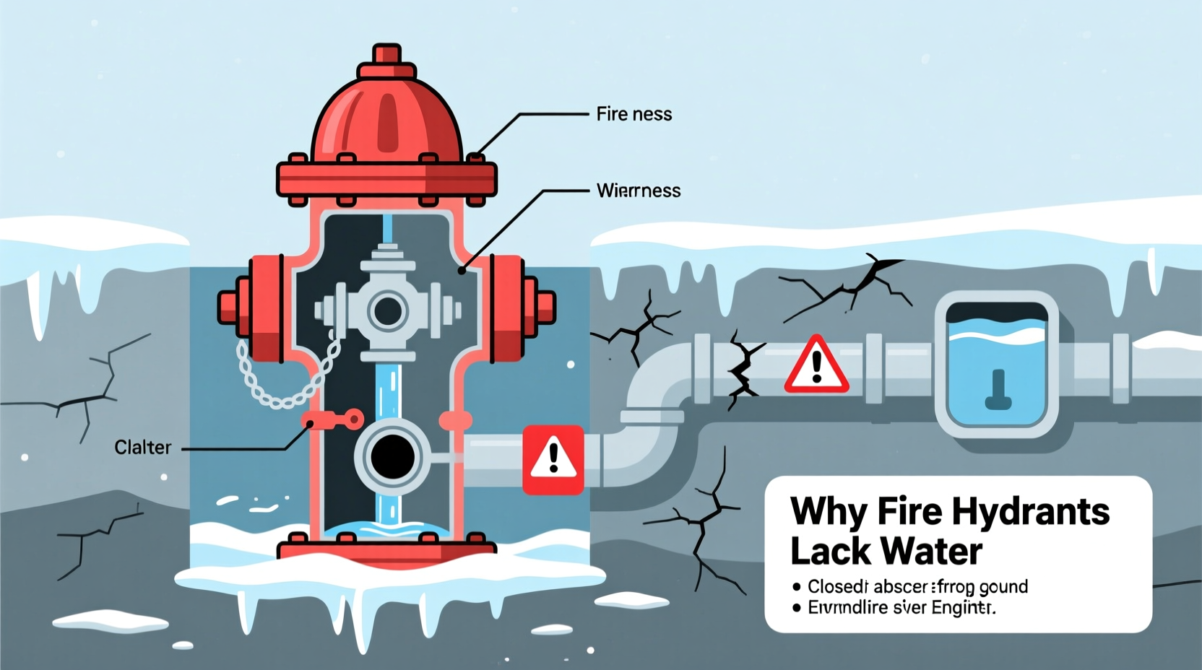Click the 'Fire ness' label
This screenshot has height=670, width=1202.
pos(634,114)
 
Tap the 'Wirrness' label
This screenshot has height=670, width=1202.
pos(639,191)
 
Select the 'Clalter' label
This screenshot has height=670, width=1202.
pos(143,448)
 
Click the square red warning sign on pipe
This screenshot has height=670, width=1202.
pos(553,459)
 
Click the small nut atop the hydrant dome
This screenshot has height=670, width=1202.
pos(386,55)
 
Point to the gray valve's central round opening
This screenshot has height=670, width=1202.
pos(388,311)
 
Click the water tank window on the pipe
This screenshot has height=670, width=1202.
pos(997,365)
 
